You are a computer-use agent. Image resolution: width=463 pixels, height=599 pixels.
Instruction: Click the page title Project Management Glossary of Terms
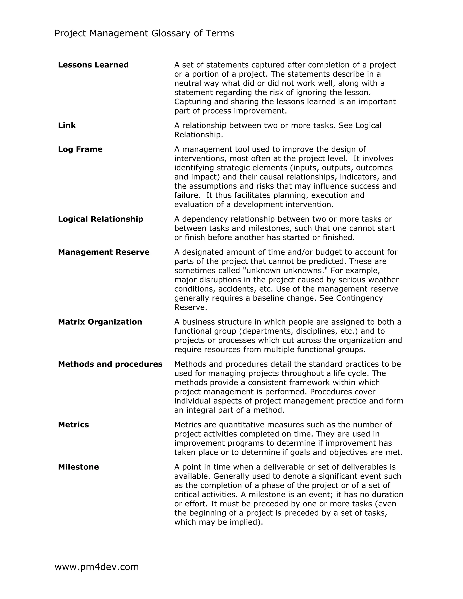pyautogui.click(x=144, y=33)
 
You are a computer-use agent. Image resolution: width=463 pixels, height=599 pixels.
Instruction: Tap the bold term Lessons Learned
pyautogui.click(x=93, y=65)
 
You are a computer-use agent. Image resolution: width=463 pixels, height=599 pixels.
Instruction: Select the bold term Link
pyautogui.click(x=67, y=126)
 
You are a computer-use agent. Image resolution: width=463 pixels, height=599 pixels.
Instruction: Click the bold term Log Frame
pyautogui.click(x=80, y=149)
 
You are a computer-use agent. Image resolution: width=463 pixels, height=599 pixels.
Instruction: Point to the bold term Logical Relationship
pyautogui.click(x=101, y=219)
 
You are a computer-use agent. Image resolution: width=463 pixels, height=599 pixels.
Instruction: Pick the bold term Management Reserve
pyautogui.click(x=104, y=252)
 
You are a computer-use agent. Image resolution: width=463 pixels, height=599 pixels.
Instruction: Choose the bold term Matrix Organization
pyautogui.click(x=100, y=322)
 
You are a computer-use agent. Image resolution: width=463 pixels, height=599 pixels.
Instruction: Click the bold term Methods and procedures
pyautogui.click(x=110, y=364)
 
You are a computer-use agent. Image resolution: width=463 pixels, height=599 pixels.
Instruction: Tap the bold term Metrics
pyautogui.click(x=73, y=425)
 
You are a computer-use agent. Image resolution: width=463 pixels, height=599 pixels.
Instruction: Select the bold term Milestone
pyautogui.click(x=78, y=467)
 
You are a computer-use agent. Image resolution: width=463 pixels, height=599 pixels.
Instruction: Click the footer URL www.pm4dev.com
pyautogui.click(x=97, y=567)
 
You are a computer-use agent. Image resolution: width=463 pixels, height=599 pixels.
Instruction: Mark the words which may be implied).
pyautogui.click(x=219, y=522)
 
